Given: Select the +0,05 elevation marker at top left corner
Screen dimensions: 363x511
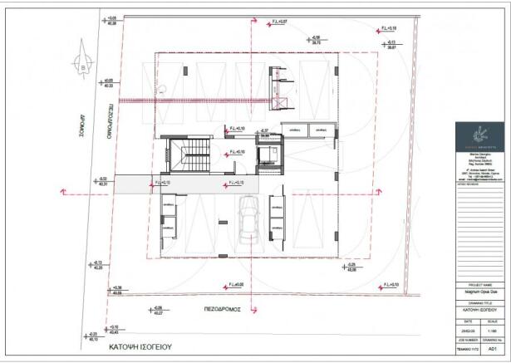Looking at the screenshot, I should click(x=112, y=19).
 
